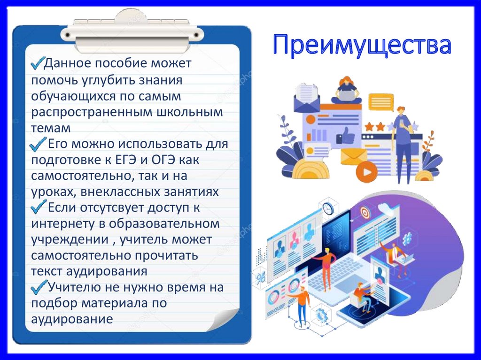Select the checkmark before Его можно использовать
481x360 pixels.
(x=38, y=144)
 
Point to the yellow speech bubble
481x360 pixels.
(x=380, y=101)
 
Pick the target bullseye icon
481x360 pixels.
(x=365, y=213)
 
